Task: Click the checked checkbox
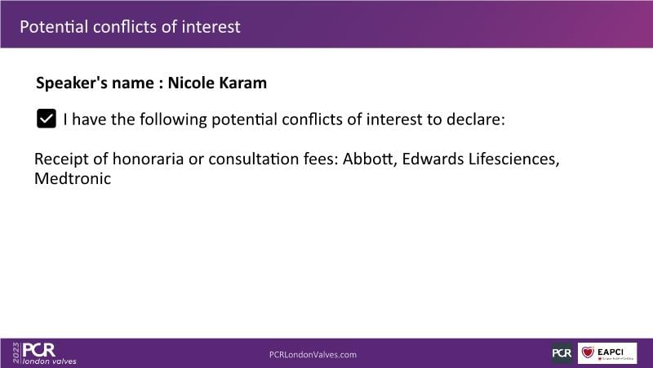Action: point(47,119)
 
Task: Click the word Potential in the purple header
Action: point(54,27)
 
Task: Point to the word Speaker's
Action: point(72,83)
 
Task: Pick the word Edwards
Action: point(433,159)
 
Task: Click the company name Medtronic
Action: point(73,178)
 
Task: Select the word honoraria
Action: point(148,159)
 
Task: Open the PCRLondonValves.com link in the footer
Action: point(313,355)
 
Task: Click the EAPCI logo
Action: point(607,353)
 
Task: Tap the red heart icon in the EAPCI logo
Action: point(588,352)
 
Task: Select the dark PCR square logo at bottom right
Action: point(562,353)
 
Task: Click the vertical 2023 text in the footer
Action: point(16,352)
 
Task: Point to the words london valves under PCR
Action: point(50,361)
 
